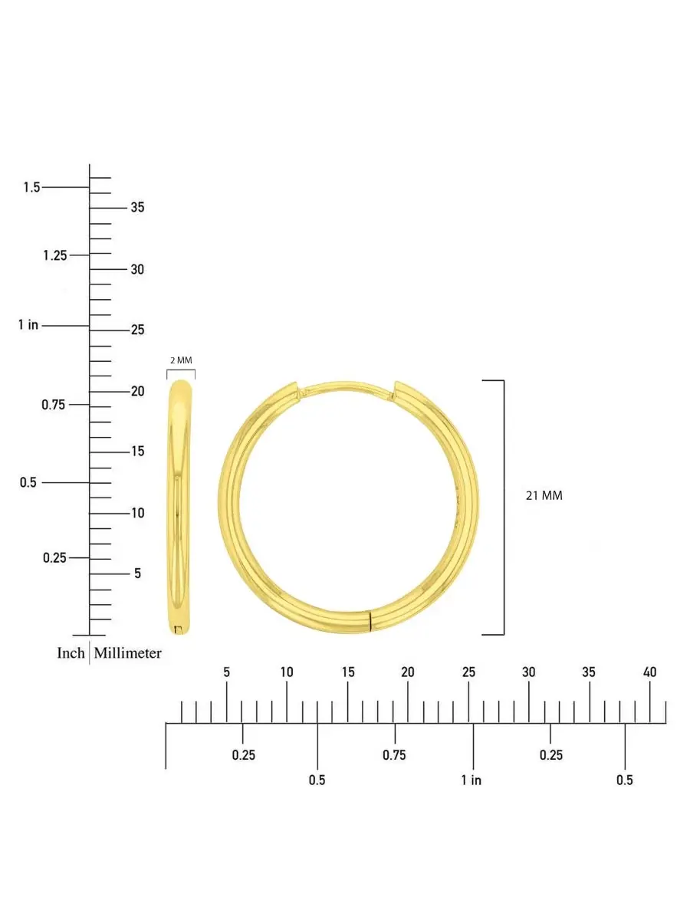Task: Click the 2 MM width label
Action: click(181, 360)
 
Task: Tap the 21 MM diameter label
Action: click(544, 495)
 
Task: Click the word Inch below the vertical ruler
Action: click(71, 653)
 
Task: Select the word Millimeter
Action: click(127, 653)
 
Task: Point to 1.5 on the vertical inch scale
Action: click(31, 187)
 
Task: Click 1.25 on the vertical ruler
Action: click(55, 255)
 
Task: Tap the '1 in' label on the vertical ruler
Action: click(28, 325)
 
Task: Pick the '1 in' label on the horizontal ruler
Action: click(472, 780)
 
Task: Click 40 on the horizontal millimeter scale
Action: click(649, 672)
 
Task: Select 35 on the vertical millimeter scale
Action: click(137, 207)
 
